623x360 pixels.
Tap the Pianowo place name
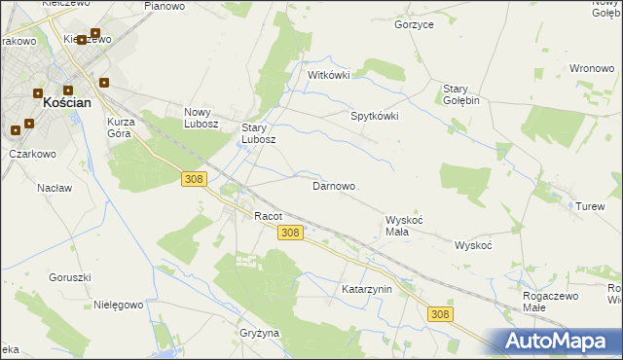(164, 6)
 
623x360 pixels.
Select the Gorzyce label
(414, 24)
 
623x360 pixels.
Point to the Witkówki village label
(328, 75)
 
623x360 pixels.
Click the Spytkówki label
(375, 116)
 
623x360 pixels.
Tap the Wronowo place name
(591, 69)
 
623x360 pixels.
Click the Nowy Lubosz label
(204, 118)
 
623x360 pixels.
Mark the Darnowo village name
(333, 186)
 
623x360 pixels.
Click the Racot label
(268, 216)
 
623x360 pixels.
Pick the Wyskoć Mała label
(404, 226)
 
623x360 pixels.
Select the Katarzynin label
(366, 290)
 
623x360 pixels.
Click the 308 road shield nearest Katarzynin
(440, 313)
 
